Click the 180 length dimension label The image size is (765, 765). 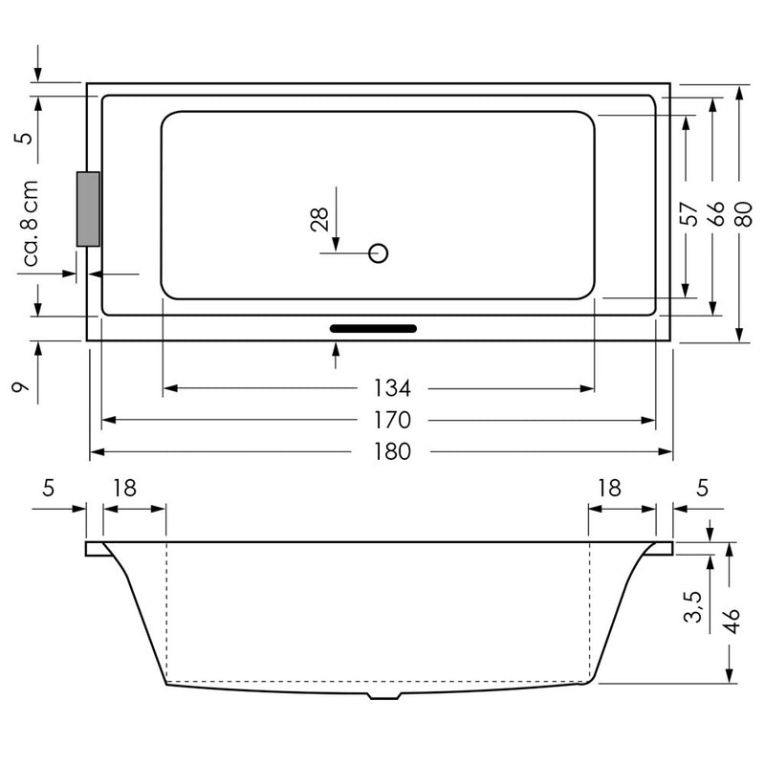tap(392, 451)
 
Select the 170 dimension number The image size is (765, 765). tap(392, 420)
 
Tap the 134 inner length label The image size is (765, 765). tap(392, 388)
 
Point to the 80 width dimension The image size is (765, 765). tap(743, 213)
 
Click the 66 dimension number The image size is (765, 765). tap(715, 213)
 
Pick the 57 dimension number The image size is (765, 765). tap(688, 213)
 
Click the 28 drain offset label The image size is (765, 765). tap(319, 219)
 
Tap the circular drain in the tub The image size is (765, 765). tap(378, 253)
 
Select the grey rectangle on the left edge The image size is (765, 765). tap(88, 208)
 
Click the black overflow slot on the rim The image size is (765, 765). tap(373, 328)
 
